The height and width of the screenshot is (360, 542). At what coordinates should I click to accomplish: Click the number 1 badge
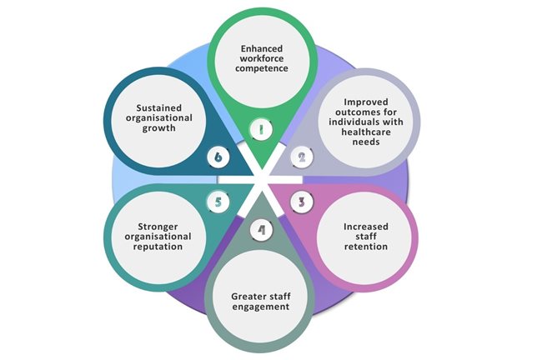click(x=261, y=130)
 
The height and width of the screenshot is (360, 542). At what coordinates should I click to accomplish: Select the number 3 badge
click(x=302, y=201)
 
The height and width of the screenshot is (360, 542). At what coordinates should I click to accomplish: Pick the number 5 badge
click(x=218, y=201)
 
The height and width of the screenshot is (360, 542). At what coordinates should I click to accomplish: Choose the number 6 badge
click(x=218, y=155)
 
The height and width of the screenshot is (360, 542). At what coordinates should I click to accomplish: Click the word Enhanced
click(x=261, y=51)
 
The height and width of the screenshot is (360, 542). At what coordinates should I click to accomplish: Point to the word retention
click(x=367, y=247)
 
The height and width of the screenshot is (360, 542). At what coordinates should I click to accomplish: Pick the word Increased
click(x=366, y=226)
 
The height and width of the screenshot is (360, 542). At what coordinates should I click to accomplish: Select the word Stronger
click(x=154, y=226)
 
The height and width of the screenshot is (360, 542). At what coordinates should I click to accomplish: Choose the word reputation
click(x=154, y=247)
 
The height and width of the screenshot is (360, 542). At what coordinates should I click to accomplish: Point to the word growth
click(x=155, y=129)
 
